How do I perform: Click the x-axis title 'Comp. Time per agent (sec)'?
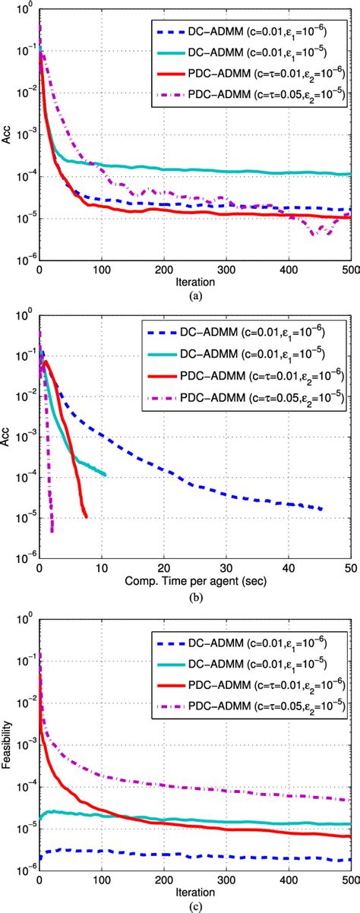195,581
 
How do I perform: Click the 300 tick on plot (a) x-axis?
226,270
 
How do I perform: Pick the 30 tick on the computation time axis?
226,568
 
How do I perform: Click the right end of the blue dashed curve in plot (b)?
322,508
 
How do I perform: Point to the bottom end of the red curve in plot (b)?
86,517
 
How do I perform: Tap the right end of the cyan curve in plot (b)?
105,475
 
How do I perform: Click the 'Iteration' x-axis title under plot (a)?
195,282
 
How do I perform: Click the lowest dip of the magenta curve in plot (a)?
313,235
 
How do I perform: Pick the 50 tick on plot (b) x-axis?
351,568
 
